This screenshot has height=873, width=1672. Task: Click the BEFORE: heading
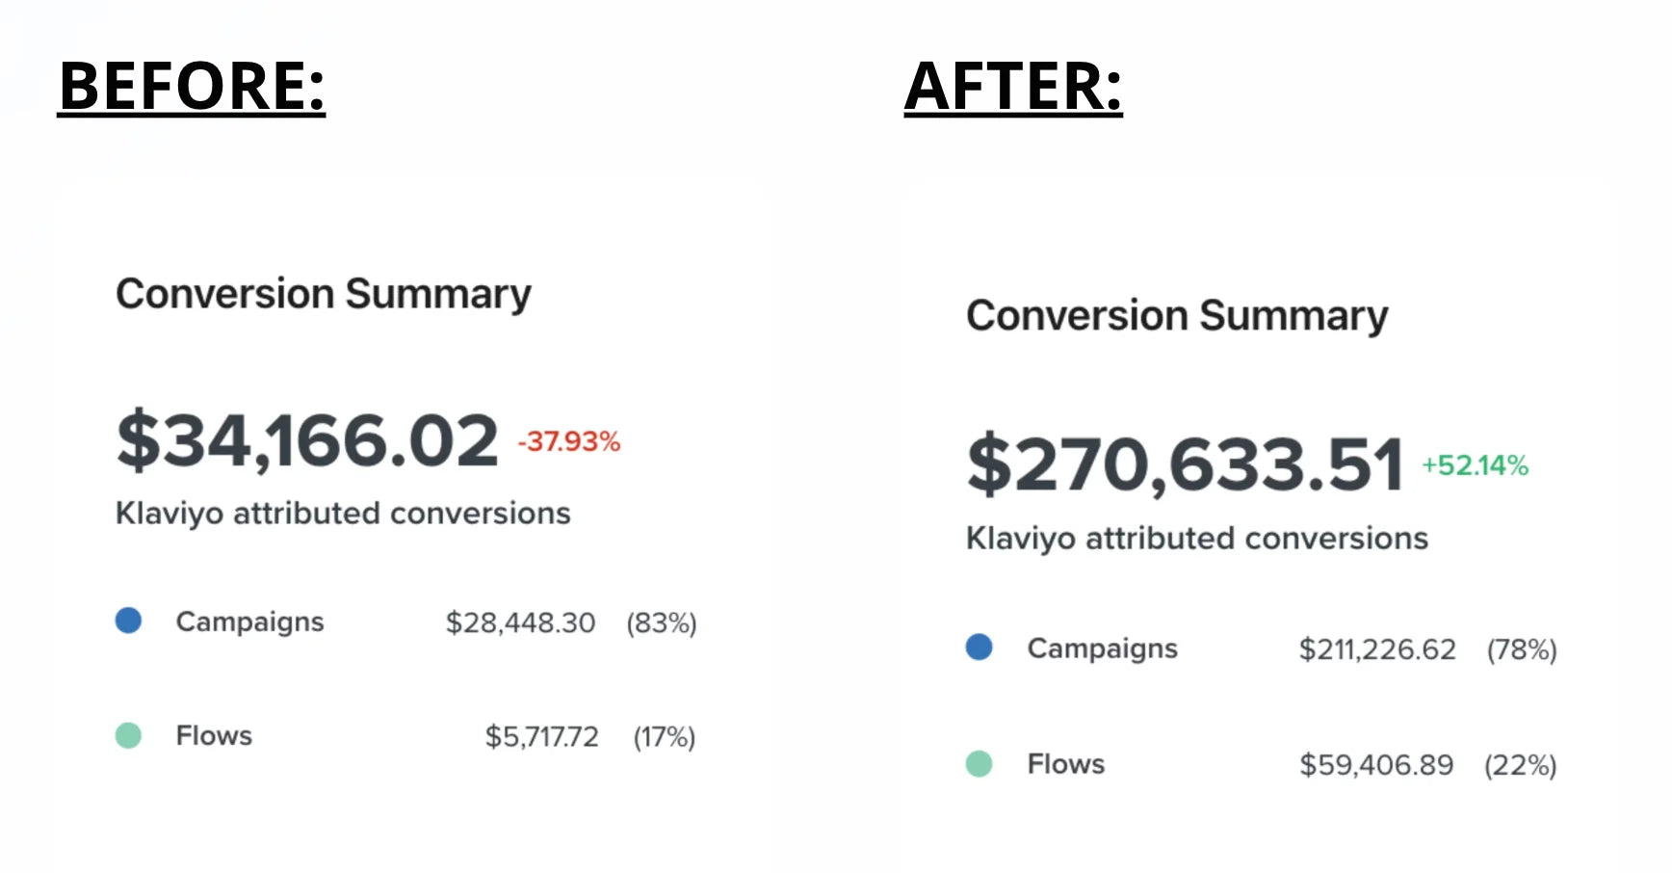pyautogui.click(x=192, y=86)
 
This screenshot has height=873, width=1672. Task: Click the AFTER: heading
pyautogui.click(x=1013, y=86)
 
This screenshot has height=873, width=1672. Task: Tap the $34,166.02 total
pyautogui.click(x=307, y=441)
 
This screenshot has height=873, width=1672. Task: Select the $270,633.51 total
pyautogui.click(x=1185, y=465)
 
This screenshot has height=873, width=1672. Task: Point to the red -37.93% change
pyautogui.click(x=569, y=441)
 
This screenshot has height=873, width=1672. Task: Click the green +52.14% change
pyautogui.click(x=1476, y=465)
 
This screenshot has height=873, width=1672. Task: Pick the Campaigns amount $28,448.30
pyautogui.click(x=520, y=622)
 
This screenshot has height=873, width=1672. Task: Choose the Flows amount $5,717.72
pyautogui.click(x=541, y=737)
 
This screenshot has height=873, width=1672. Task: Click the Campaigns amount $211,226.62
pyautogui.click(x=1377, y=649)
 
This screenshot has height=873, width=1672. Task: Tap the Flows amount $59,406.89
pyautogui.click(x=1376, y=765)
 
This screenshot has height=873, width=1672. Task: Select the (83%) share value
pyautogui.click(x=662, y=622)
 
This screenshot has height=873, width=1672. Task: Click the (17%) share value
pyautogui.click(x=665, y=737)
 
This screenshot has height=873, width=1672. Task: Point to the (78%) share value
pyautogui.click(x=1522, y=649)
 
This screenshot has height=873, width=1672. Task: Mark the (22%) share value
pyautogui.click(x=1521, y=765)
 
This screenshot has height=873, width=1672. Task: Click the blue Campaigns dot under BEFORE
pyautogui.click(x=128, y=621)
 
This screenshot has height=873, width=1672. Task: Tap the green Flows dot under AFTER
pyautogui.click(x=979, y=764)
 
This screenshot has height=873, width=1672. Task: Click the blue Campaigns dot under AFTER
pyautogui.click(x=979, y=648)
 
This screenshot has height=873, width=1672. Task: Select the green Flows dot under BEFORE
pyautogui.click(x=128, y=736)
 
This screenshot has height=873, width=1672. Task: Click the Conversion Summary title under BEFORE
pyautogui.click(x=324, y=294)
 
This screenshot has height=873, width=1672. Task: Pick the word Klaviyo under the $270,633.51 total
pyautogui.click(x=1020, y=539)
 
